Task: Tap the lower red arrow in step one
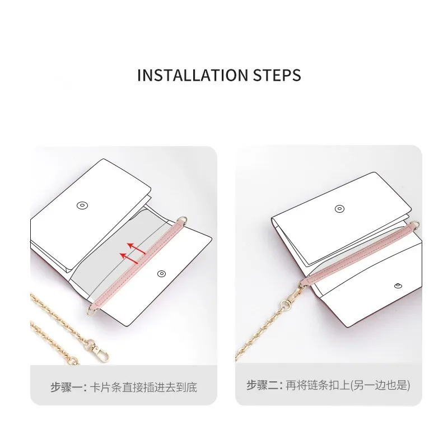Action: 130,257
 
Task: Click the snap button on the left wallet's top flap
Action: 82,206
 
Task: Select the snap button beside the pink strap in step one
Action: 161,273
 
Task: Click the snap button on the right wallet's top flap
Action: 339,209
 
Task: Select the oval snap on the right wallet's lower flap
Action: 398,284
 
